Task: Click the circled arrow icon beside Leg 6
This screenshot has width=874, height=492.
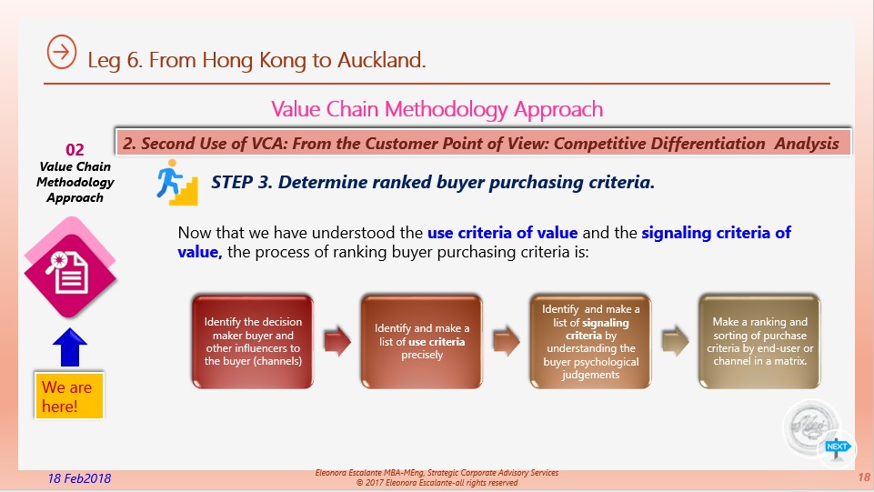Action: click(61, 52)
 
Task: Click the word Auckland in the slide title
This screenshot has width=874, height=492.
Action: click(381, 60)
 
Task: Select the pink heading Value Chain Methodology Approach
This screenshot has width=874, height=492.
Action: click(437, 109)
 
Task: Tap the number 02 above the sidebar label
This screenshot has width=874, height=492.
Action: click(75, 149)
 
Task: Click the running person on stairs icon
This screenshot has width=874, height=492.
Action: click(177, 182)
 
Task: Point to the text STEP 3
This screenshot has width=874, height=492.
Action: click(242, 182)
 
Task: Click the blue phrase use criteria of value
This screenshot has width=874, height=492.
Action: click(502, 232)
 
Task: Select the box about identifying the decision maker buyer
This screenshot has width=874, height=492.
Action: click(253, 342)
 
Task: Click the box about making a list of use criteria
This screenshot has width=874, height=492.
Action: click(422, 342)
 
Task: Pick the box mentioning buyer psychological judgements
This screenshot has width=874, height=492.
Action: click(591, 342)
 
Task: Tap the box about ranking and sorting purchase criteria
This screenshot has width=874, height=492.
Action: click(759, 342)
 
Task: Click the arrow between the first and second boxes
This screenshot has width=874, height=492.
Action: click(337, 342)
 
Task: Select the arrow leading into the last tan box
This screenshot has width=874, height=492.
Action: click(676, 342)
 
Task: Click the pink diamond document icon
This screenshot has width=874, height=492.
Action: click(70, 271)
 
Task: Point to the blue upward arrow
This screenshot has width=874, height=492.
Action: click(70, 347)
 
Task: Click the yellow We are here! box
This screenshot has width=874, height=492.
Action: click(68, 396)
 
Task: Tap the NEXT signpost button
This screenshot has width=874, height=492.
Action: click(837, 449)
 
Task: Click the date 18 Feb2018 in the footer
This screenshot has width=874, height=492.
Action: click(79, 478)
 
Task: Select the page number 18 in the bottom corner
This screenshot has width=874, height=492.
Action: click(863, 477)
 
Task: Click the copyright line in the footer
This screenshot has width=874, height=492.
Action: click(437, 483)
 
